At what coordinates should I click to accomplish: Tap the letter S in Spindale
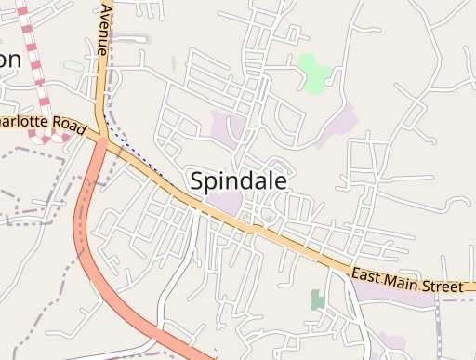(x=197, y=180)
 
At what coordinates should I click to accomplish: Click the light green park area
(x=313, y=71)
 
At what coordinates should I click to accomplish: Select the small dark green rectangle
(x=317, y=300)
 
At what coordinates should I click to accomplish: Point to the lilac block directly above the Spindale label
(x=229, y=126)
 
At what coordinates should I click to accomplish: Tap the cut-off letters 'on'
(x=9, y=59)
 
